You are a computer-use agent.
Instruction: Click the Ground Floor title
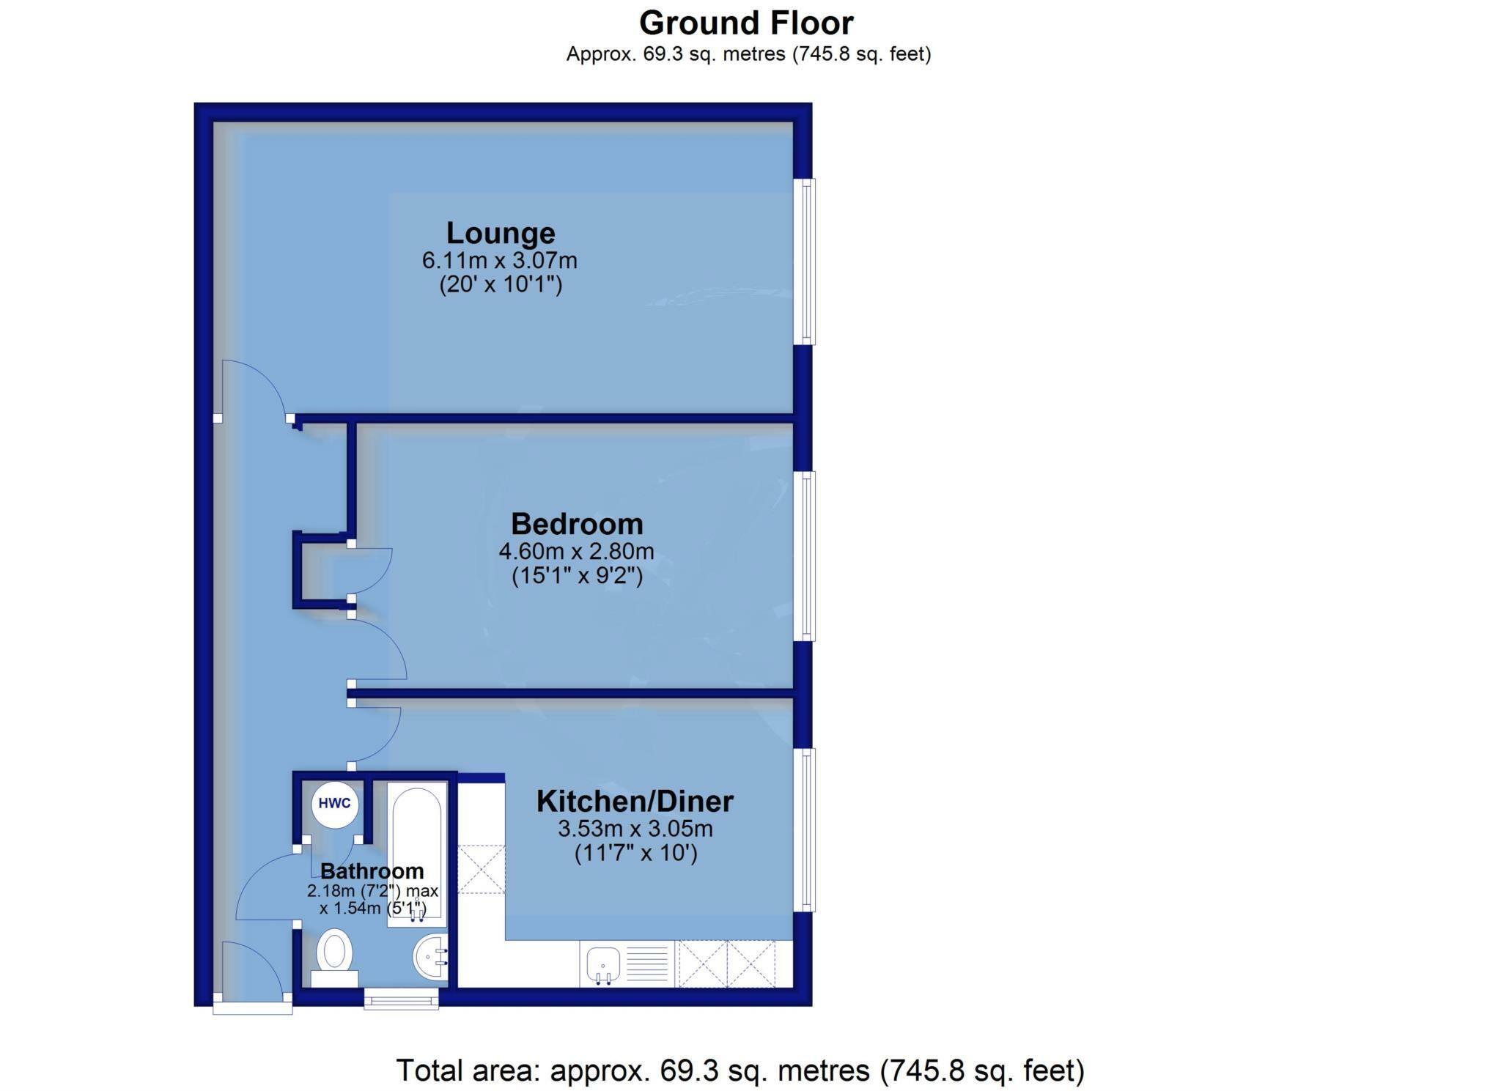(746, 23)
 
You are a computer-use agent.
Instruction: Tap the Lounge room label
(501, 233)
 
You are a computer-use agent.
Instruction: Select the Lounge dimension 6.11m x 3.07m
(500, 260)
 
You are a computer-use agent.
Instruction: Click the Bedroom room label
(577, 524)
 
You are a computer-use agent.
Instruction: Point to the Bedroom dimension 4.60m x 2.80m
(576, 550)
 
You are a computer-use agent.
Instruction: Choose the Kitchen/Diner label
(635, 801)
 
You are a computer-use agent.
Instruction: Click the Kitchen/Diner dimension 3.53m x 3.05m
(635, 829)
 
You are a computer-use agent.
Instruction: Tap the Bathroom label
(372, 871)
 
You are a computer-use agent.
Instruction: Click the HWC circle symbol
(335, 803)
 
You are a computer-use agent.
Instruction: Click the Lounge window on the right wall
(807, 262)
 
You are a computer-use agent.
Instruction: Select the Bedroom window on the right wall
(807, 556)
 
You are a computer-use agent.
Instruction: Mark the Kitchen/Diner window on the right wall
(807, 830)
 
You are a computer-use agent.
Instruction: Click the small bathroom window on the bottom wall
(402, 998)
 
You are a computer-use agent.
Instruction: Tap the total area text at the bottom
(740, 1070)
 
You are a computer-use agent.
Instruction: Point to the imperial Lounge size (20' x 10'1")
(501, 284)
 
